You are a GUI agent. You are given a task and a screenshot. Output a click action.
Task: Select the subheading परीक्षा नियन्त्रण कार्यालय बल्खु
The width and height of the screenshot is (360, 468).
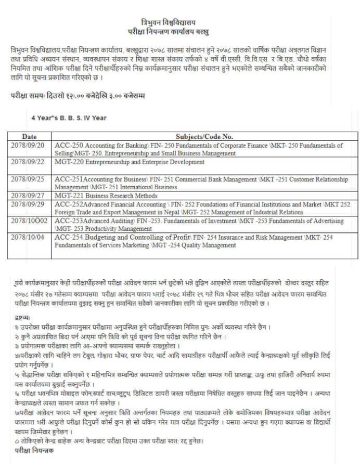168,32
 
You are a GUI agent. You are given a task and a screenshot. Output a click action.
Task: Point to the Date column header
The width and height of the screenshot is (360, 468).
29,136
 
